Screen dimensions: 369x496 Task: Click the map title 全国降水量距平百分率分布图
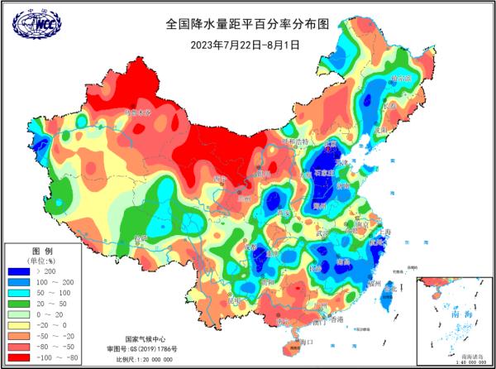tap(248, 24)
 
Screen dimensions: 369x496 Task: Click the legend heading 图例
tap(42, 250)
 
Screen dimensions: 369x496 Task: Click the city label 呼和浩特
tap(294, 141)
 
